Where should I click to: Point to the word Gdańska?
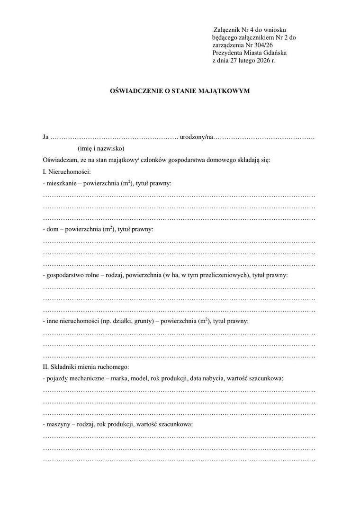[x=275, y=53]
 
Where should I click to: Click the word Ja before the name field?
[x=46, y=137]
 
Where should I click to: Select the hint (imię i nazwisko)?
[x=101, y=149]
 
